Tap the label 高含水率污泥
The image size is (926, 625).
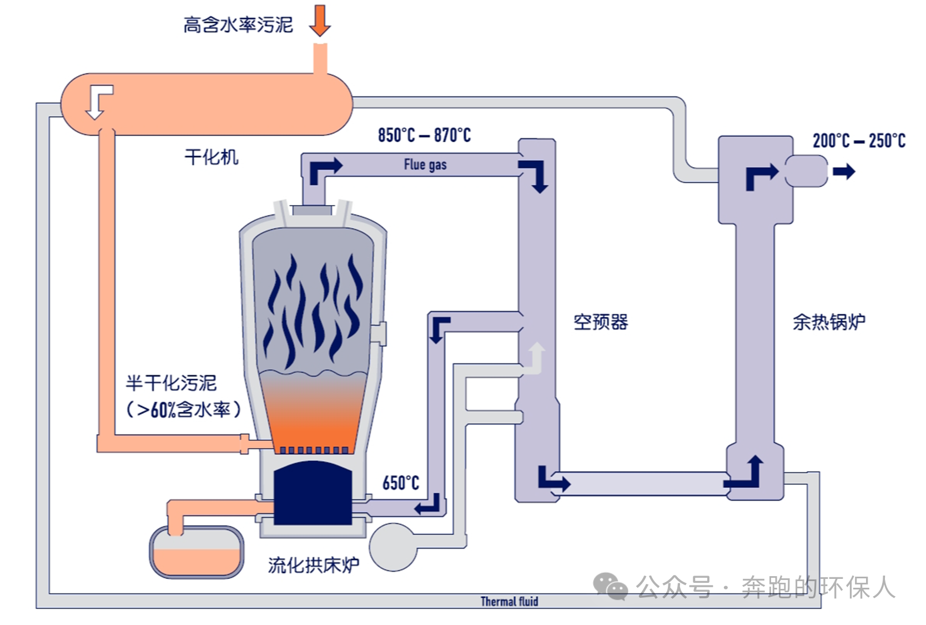pos(238,25)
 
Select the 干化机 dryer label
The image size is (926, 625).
pos(212,157)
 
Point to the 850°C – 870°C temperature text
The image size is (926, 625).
pos(424,135)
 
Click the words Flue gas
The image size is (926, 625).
pos(425,164)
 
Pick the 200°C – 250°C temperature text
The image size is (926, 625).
pos(859,141)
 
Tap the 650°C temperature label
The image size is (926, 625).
pos(401,483)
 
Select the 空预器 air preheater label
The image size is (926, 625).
pos(601,322)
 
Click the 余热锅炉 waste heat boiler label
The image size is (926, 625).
pos(829,322)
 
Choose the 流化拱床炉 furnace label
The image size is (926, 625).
pos(314,565)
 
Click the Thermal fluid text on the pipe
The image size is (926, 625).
pos(509,601)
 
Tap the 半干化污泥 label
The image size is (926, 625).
pos(171,383)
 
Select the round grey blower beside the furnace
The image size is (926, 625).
pos(392,547)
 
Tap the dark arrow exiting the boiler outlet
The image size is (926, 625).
pos(844,172)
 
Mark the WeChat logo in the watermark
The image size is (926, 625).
pos(610,587)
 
